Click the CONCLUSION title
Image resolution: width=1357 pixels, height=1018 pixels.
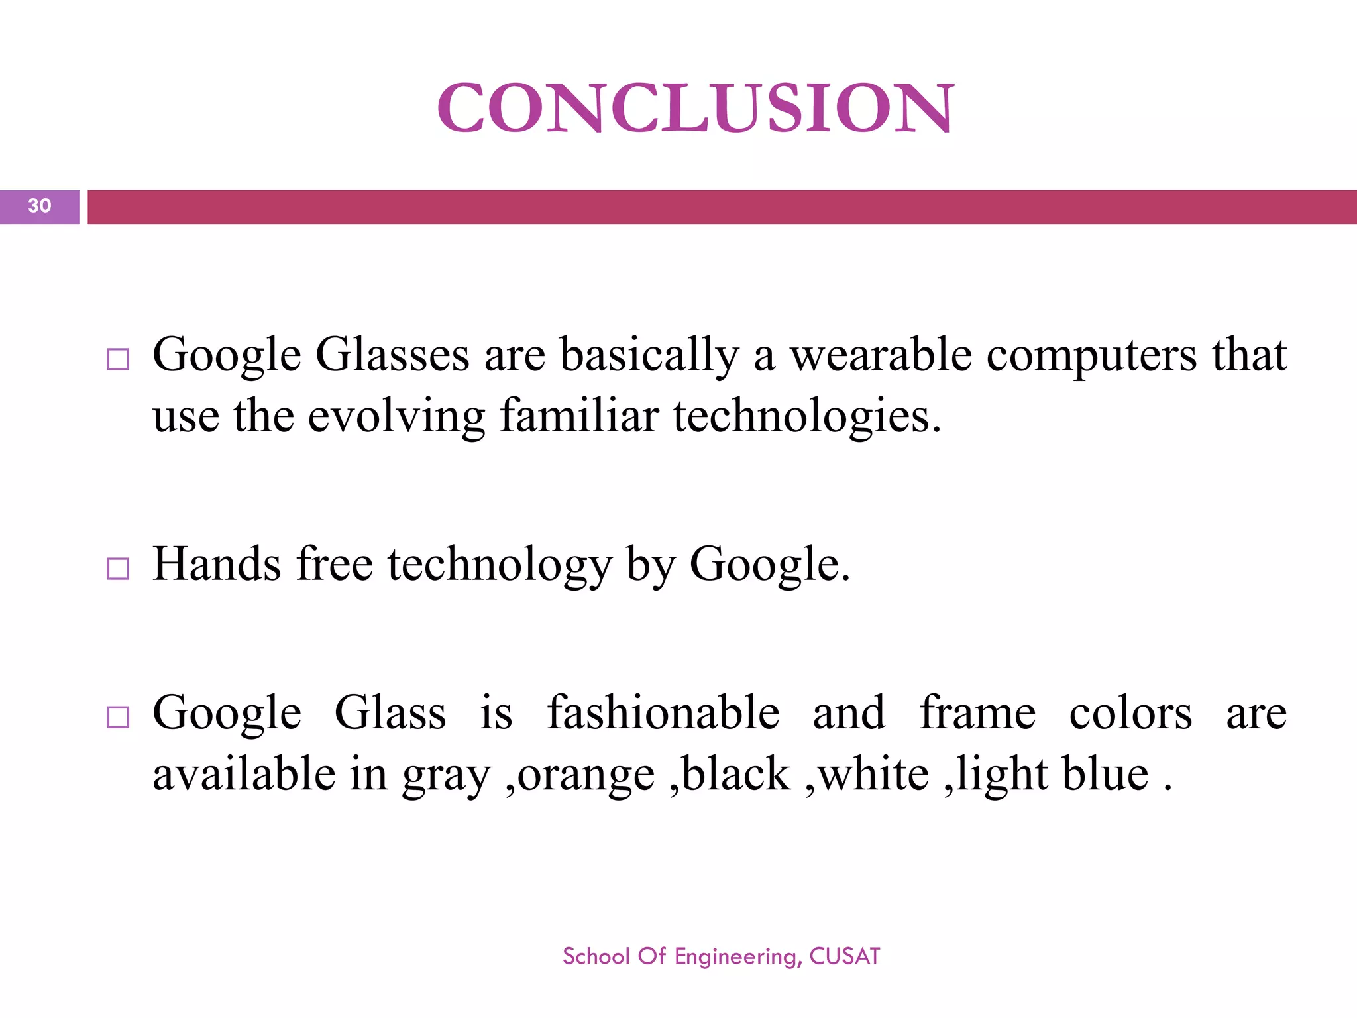pos(695,107)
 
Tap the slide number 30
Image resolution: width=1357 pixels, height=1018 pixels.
pos(40,206)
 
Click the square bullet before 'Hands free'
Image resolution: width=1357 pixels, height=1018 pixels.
pos(118,568)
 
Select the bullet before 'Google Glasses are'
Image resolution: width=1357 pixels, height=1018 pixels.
pos(118,359)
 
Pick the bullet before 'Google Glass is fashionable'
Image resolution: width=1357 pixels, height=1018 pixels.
pos(118,717)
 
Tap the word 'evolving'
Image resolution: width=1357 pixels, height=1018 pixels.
pos(396,418)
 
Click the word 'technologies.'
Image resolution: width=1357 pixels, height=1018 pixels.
pos(807,418)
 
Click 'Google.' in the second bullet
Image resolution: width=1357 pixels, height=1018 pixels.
pos(769,565)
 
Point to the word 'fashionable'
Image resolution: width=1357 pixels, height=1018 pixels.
pos(663,712)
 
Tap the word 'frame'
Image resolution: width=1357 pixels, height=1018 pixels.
pos(977,712)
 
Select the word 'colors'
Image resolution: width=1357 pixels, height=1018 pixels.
pos(1130,714)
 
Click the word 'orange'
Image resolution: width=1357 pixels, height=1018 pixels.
pos(586,776)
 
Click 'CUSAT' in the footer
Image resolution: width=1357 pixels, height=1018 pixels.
pos(845,956)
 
